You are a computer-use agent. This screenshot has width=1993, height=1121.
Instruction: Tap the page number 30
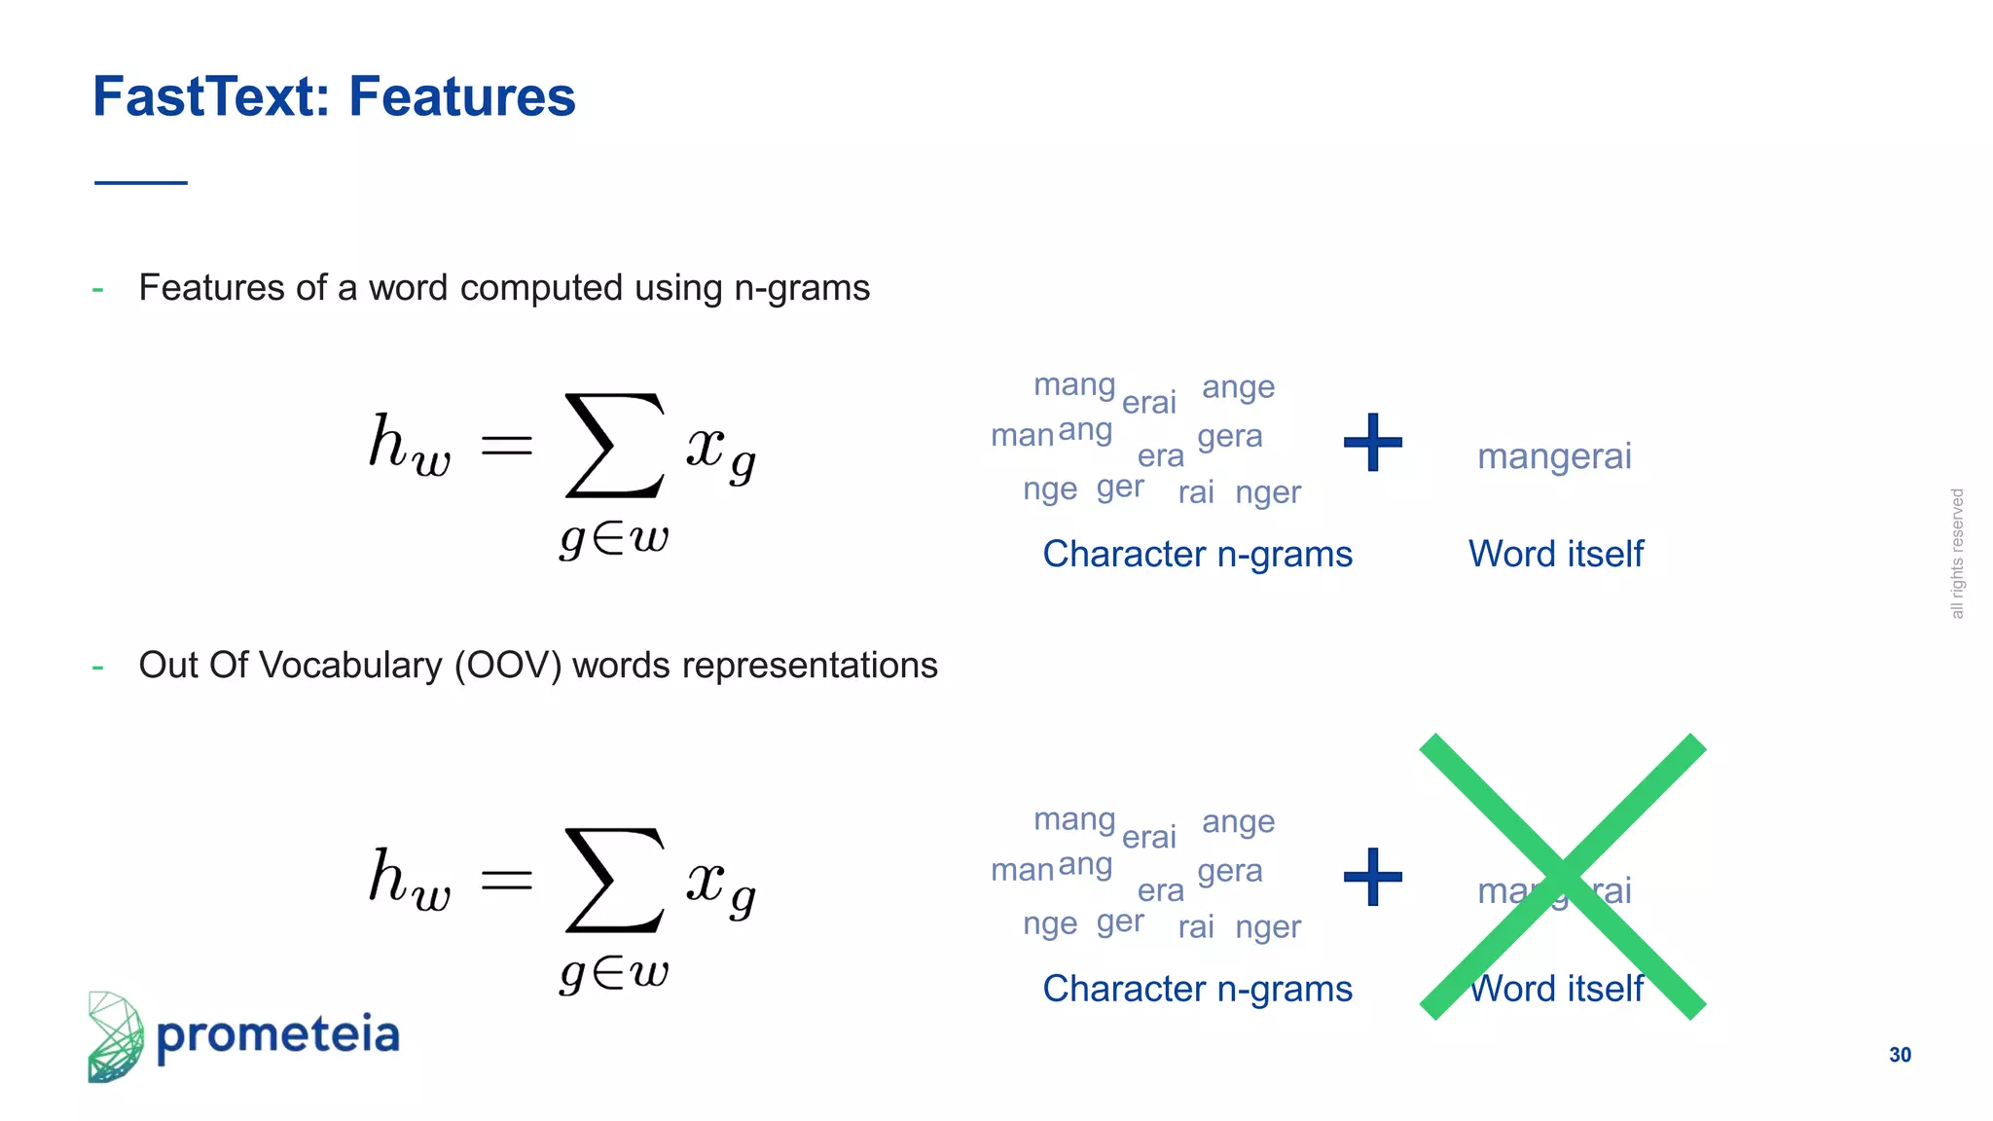1900,1055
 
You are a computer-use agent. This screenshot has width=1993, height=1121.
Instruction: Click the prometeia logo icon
115,1037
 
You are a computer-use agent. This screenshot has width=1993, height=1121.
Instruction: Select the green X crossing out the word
1562,876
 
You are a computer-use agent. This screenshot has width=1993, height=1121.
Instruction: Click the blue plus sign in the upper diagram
1372,443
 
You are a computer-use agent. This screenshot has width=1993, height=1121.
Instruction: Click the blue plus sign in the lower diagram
1372,877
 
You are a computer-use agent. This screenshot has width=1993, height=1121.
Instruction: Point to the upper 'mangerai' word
1554,456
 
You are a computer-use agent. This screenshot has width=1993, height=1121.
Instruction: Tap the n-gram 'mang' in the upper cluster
1074,385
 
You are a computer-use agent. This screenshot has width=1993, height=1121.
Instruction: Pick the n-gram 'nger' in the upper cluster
1267,493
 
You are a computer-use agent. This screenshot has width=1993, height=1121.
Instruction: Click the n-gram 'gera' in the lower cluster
1229,871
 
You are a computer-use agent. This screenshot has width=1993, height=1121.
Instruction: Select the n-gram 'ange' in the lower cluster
1238,822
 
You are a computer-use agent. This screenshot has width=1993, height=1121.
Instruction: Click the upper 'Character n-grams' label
1197,555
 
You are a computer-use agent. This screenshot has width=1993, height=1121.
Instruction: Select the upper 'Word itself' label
1555,555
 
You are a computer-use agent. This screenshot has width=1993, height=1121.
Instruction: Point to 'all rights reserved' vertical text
1957,554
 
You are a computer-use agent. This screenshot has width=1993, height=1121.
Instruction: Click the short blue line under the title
141,182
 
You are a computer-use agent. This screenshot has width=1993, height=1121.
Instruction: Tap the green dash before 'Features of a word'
97,289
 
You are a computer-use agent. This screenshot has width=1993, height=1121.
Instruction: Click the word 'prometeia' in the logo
278,1035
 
